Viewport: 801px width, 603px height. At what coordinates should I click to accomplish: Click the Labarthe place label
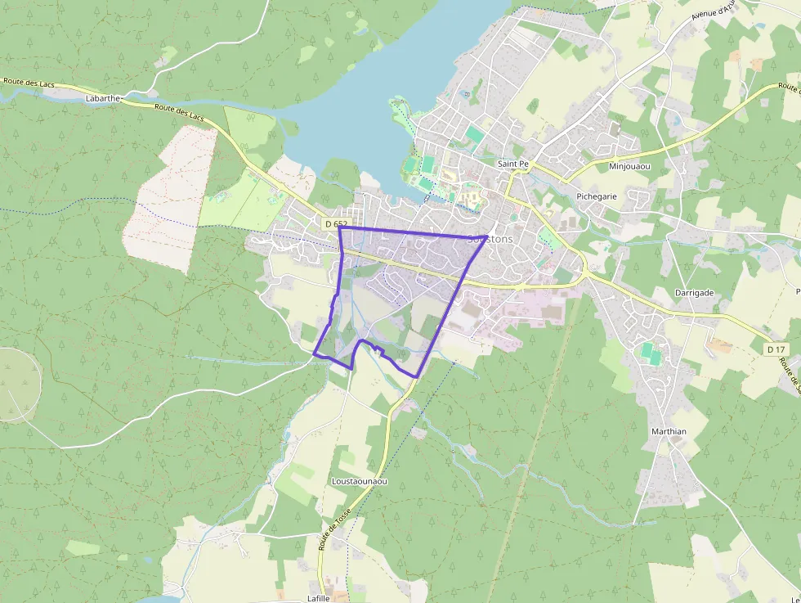point(102,98)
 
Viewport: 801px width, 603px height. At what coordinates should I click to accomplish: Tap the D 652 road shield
point(335,223)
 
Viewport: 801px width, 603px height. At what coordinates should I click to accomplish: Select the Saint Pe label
point(513,164)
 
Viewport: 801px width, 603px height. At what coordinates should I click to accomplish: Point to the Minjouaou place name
point(629,166)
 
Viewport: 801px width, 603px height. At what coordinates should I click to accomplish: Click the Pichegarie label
point(597,196)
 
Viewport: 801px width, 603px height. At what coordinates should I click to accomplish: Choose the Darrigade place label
point(695,292)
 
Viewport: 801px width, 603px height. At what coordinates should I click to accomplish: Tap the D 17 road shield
point(776,349)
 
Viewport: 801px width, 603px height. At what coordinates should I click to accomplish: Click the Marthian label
point(669,431)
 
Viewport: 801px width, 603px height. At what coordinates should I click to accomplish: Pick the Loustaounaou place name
point(359,481)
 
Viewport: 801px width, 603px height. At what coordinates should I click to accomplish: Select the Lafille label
point(318,598)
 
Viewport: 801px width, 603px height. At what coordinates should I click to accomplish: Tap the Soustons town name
point(490,240)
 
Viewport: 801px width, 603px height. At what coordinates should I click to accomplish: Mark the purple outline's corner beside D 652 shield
point(339,227)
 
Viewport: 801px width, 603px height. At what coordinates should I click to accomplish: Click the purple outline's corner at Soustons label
point(487,237)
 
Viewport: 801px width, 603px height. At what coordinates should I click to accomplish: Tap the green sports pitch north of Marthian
point(651,354)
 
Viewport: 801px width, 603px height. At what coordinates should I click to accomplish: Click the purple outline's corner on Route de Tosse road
point(418,376)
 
